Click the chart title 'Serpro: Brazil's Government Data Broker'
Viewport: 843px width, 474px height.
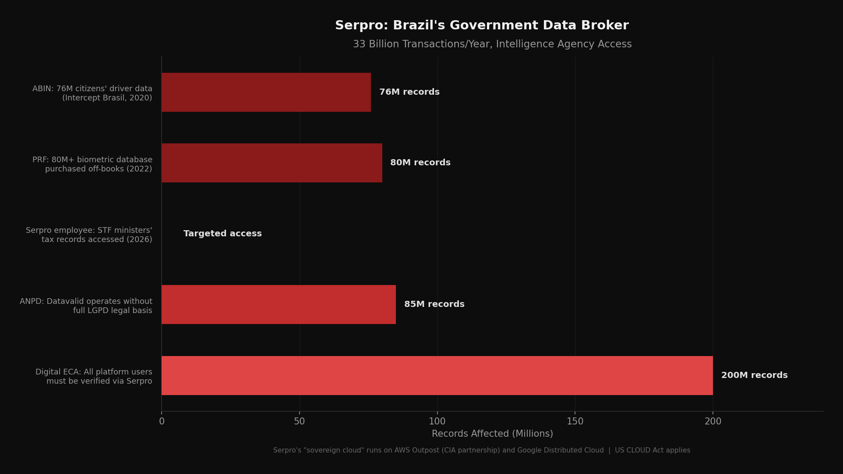tap(482, 25)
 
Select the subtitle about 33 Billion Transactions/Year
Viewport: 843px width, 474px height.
tap(492, 44)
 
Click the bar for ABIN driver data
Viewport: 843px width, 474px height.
tap(266, 92)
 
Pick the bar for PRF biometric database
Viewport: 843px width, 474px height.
tap(272, 163)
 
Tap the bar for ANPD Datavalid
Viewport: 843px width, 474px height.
tap(279, 304)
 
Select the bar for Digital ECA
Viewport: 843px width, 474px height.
tap(437, 375)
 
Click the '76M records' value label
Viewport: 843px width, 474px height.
tap(409, 92)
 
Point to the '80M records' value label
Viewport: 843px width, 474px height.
tap(420, 163)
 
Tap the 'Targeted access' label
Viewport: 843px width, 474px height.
tap(222, 234)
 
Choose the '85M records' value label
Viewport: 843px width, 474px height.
tap(434, 304)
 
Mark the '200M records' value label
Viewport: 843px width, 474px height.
tap(754, 375)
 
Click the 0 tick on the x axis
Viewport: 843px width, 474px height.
tap(162, 421)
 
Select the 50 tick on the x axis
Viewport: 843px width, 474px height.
tap(300, 421)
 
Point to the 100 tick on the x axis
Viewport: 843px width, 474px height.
tap(437, 421)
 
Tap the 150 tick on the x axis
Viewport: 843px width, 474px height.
tap(575, 421)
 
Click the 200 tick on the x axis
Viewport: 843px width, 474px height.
tap(712, 421)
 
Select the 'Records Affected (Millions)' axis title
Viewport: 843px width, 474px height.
tap(492, 434)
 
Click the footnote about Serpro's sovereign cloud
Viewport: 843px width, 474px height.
tap(481, 450)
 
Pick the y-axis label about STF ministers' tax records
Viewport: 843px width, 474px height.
tap(89, 235)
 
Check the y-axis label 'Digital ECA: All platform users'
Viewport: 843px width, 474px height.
tap(94, 377)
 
